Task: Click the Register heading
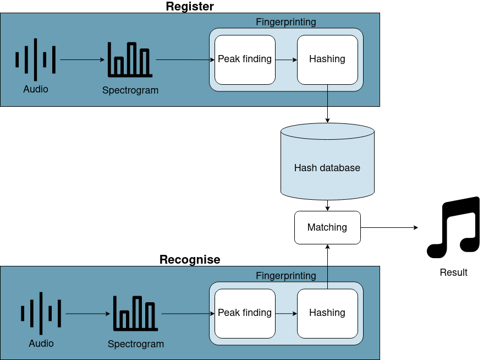pyautogui.click(x=190, y=7)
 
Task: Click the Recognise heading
pyautogui.click(x=190, y=260)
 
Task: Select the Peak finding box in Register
pyautogui.click(x=245, y=59)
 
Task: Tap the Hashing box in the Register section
pyautogui.click(x=327, y=59)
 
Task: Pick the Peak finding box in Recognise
pyautogui.click(x=245, y=313)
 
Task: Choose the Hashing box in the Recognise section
pyautogui.click(x=327, y=313)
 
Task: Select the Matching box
pyautogui.click(x=327, y=227)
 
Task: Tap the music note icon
pyautogui.click(x=453, y=227)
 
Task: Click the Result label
pyautogui.click(x=453, y=272)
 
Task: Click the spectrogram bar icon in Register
pyautogui.click(x=130, y=59)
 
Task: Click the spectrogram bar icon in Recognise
pyautogui.click(x=135, y=313)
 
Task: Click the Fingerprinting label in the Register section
pyautogui.click(x=286, y=22)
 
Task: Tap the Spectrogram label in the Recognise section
pyautogui.click(x=135, y=344)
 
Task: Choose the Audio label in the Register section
pyautogui.click(x=35, y=89)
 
